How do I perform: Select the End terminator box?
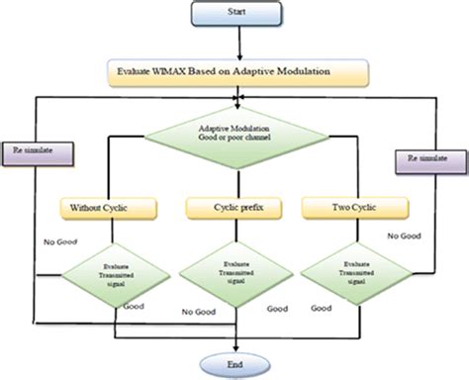pyautogui.click(x=236, y=364)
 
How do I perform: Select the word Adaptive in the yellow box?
pyautogui.click(x=255, y=73)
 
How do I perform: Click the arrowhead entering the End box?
pyautogui.click(x=236, y=348)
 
